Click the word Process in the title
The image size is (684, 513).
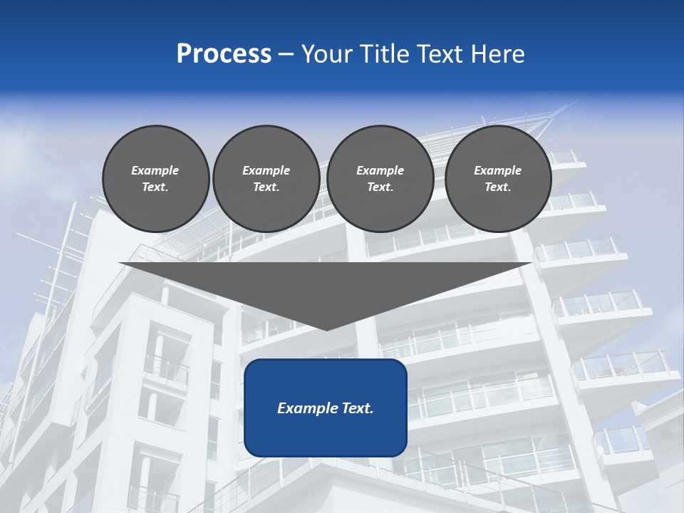pos(224,54)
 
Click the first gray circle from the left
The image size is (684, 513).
pos(155,178)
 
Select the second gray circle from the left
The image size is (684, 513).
pos(266,178)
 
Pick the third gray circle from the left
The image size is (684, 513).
pos(380,178)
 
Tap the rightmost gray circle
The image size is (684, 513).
pos(497,178)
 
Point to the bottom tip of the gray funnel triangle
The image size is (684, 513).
pos(326,330)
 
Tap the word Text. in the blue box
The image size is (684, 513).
pos(357,408)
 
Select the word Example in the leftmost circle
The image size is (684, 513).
pos(155,170)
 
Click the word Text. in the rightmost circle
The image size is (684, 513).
pos(497,187)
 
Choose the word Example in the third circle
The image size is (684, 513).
pos(380,170)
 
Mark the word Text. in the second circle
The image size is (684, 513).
pos(266,187)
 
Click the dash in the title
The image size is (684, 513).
pos(286,54)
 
